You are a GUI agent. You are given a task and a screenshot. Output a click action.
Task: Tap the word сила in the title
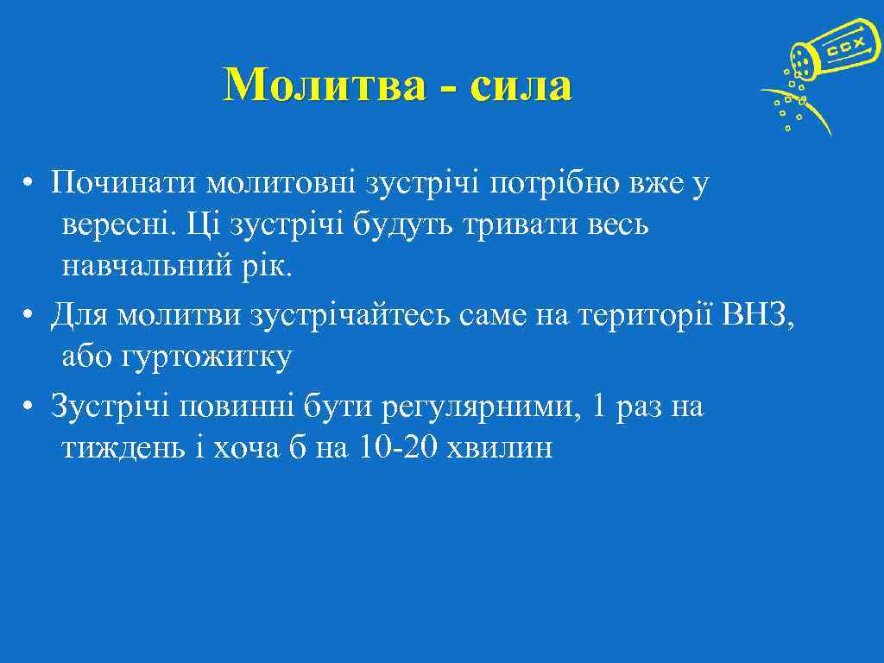pyautogui.click(x=522, y=86)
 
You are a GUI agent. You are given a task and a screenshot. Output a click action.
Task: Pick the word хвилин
pyautogui.click(x=502, y=449)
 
